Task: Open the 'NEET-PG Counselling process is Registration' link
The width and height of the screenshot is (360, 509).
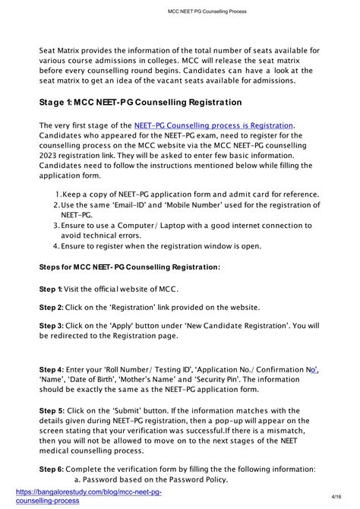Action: (x=213, y=125)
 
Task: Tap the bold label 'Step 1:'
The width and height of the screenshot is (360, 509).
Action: (x=51, y=289)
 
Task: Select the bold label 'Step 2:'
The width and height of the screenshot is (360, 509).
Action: (x=51, y=307)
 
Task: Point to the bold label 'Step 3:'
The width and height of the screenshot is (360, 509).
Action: (x=51, y=325)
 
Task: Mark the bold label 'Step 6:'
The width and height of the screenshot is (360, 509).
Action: (x=51, y=469)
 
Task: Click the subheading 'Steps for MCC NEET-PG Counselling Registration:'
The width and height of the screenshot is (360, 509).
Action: (x=130, y=267)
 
